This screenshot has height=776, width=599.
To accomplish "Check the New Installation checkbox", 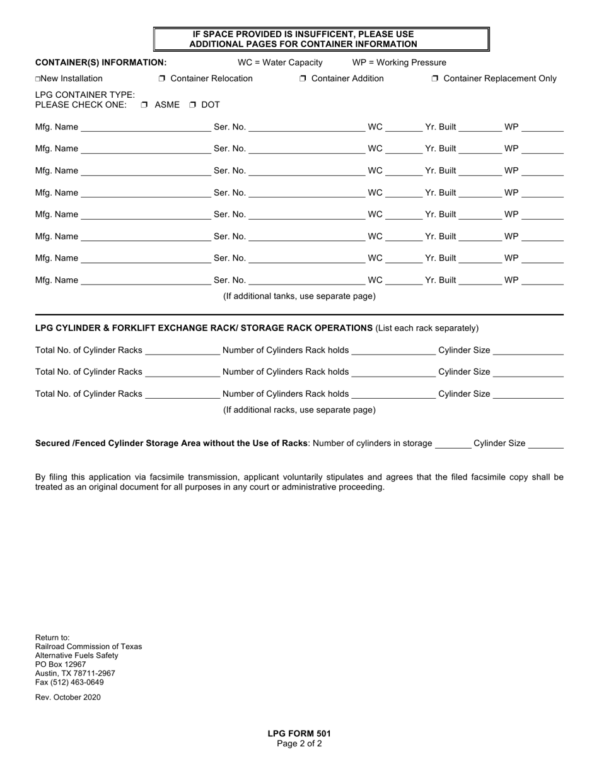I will click(38, 79).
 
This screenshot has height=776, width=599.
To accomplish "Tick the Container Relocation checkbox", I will click(162, 79).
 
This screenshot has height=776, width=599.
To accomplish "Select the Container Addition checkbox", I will click(303, 79).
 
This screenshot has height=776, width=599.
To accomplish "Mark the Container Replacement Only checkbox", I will click(435, 79).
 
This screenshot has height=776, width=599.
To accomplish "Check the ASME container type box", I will click(144, 105).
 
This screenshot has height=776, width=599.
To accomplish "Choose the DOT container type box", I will click(193, 105).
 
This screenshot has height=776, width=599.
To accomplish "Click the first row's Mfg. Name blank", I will click(146, 128).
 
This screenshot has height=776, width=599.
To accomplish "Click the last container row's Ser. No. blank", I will click(307, 281).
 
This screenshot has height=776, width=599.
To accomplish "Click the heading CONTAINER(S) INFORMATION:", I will click(101, 62).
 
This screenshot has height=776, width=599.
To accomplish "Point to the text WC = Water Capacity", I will click(280, 62).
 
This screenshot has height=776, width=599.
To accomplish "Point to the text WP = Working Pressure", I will click(399, 62).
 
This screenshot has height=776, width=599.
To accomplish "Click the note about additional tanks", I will click(299, 296).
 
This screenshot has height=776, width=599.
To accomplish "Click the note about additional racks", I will click(299, 410).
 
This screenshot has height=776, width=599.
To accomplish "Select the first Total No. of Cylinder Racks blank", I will click(182, 351).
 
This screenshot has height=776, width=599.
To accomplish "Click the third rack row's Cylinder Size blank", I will click(528, 394).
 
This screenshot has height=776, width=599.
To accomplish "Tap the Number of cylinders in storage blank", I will click(453, 444).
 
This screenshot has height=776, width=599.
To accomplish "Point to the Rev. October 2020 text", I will click(68, 697).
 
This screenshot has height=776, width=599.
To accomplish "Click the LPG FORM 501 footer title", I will click(299, 734).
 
